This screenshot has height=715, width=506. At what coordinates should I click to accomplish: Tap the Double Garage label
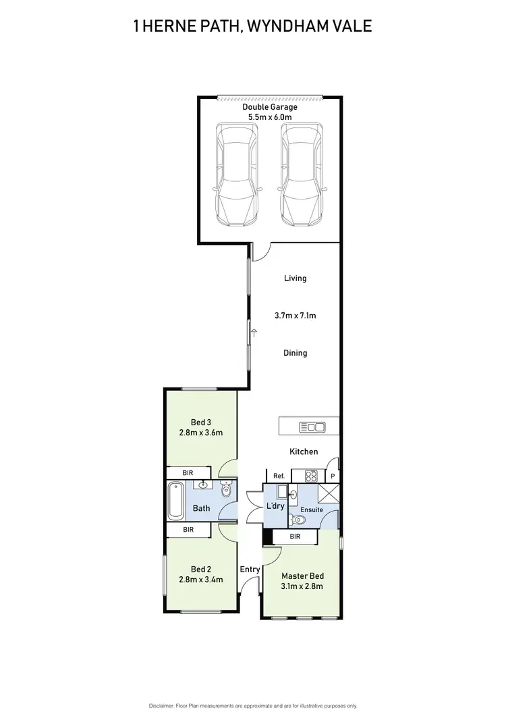[x=269, y=107]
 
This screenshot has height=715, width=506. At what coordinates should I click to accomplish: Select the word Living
[x=295, y=278]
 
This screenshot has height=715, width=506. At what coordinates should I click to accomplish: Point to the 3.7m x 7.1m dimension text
[x=295, y=315]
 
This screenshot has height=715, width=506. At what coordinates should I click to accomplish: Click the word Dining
[x=295, y=353]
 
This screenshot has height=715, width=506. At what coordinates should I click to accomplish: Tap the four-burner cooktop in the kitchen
[x=312, y=476]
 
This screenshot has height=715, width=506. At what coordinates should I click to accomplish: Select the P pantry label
[x=332, y=476]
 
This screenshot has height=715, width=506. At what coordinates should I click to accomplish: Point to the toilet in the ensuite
[x=297, y=520]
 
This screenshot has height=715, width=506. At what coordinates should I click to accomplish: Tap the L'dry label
[x=275, y=506]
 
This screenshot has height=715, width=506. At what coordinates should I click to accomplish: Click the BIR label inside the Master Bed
[x=295, y=536]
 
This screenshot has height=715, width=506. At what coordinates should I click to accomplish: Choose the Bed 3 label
[x=202, y=423]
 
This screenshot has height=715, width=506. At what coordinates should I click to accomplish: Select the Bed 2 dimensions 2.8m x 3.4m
[x=202, y=580]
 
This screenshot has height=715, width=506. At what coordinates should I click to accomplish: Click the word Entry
[x=250, y=569]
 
